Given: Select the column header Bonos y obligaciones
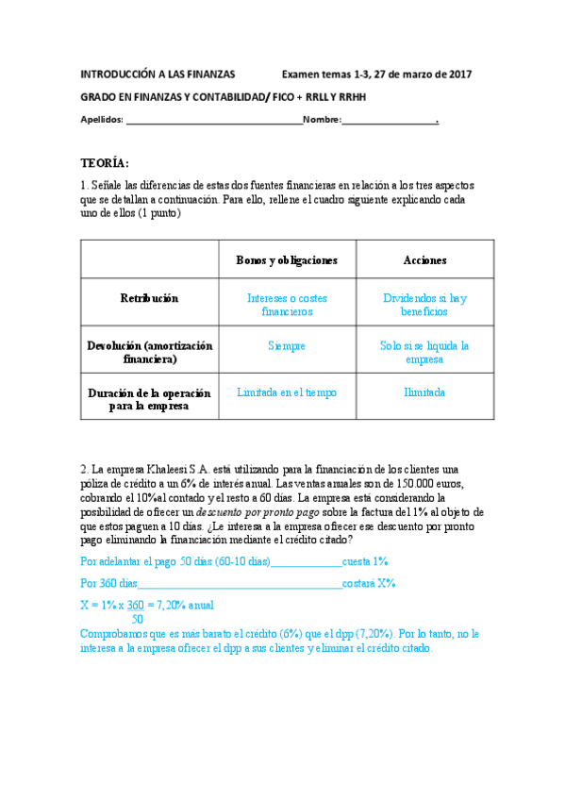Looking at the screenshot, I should click(x=287, y=259).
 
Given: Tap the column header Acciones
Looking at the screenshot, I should click(x=424, y=259).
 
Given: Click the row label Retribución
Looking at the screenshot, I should click(x=149, y=298).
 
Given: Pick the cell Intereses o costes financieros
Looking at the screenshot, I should click(x=287, y=305).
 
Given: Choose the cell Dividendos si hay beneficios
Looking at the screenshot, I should click(x=424, y=305).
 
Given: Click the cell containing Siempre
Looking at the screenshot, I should click(x=287, y=346).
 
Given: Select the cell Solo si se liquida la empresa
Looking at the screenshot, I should click(x=424, y=353).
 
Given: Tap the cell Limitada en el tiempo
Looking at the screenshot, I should click(x=287, y=392).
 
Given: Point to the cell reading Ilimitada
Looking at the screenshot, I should click(x=424, y=392).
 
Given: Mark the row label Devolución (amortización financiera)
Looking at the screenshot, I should click(x=149, y=353).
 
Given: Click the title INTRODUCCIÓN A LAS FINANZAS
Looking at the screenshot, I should click(x=157, y=74).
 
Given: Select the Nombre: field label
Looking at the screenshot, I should click(x=322, y=120).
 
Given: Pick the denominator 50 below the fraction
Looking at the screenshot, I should click(x=138, y=619).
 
